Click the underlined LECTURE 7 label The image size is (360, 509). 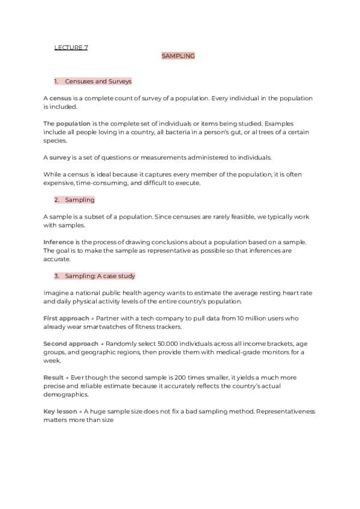(71, 47)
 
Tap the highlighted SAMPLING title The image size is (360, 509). (178, 56)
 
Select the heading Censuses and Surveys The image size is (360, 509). (98, 81)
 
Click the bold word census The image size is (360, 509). (60, 98)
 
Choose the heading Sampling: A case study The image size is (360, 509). (100, 276)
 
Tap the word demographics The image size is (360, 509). (65, 395)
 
